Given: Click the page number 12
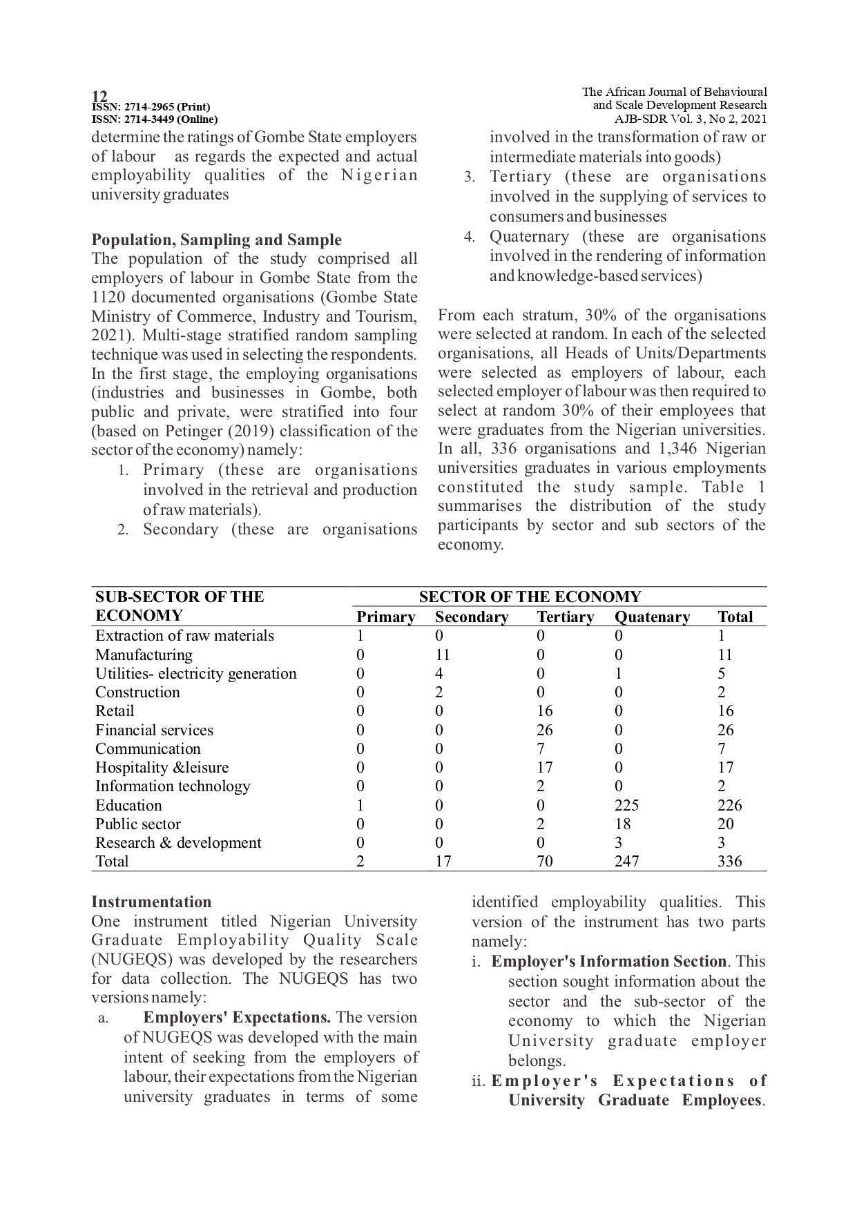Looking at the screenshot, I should click(99, 96).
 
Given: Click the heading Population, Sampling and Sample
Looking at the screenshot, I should click(216, 240).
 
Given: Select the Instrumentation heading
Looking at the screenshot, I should click(151, 902).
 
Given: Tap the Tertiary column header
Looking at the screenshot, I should click(565, 617).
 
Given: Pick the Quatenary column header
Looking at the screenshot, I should click(652, 617).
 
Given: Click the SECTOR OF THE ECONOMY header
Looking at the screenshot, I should click(530, 597).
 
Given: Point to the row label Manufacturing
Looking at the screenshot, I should click(144, 655).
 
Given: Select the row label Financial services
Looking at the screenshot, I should click(154, 730).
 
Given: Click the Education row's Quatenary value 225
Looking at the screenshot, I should click(626, 805).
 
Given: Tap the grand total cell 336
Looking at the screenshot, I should click(729, 861).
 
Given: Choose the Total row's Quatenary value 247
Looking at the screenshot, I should click(626, 861).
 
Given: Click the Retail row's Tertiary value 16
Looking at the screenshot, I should click(544, 711).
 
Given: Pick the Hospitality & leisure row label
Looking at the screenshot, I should click(162, 767).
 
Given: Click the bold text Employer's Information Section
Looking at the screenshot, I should click(608, 962).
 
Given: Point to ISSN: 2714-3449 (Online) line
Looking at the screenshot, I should click(155, 119).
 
